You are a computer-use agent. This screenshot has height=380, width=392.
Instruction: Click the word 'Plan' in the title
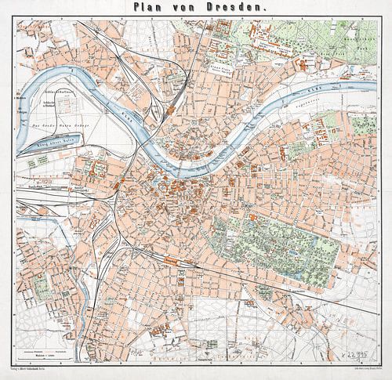(x=150, y=7)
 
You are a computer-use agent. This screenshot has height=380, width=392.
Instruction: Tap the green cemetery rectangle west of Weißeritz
(x=39, y=286)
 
